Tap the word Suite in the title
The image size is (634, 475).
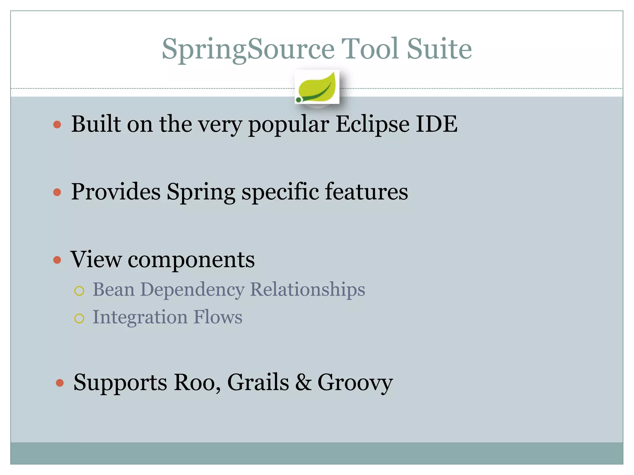click(439, 49)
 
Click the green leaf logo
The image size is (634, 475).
click(317, 87)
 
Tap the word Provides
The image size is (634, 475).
click(116, 191)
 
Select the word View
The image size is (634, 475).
click(96, 259)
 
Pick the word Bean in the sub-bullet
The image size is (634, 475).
click(114, 289)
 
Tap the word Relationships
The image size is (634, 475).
click(307, 290)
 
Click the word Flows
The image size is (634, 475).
click(218, 317)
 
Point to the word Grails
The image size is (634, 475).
click(258, 383)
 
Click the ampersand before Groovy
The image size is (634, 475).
click(303, 383)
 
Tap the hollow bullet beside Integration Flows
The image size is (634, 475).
click(79, 318)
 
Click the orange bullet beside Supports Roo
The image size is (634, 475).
click(60, 383)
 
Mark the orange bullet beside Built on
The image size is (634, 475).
click(57, 125)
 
